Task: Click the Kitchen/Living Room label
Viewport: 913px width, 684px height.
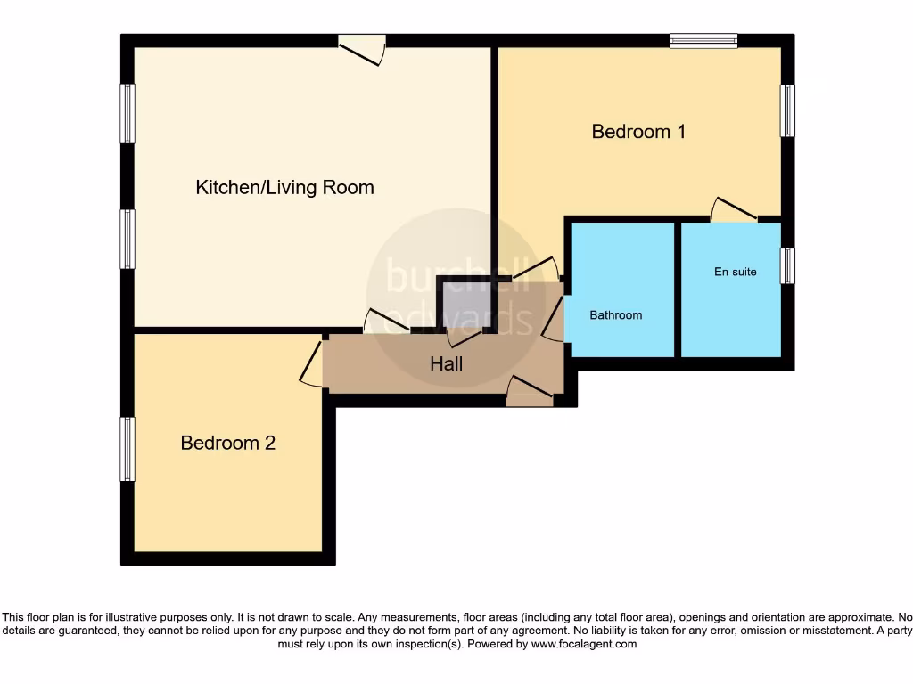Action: [284, 187]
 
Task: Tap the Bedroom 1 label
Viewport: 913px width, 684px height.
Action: [638, 132]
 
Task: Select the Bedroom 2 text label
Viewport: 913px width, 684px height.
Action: [228, 443]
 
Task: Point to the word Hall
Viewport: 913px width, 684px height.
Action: [447, 363]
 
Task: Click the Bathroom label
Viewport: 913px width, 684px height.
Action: [615, 315]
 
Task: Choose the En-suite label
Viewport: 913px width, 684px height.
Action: [735, 272]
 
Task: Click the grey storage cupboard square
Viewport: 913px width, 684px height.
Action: [466, 305]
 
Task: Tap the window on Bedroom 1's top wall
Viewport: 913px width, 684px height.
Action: [703, 40]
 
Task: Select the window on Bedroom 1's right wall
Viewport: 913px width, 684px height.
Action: [787, 111]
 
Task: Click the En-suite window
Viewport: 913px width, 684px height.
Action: [787, 266]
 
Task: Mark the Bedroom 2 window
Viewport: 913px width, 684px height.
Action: [127, 449]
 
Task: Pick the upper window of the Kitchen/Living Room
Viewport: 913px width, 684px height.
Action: [127, 113]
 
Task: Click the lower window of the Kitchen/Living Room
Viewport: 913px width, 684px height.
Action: [127, 239]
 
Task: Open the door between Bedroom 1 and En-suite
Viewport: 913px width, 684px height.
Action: [734, 210]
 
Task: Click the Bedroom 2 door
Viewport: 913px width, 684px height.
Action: [313, 364]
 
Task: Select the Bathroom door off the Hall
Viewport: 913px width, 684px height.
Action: [554, 320]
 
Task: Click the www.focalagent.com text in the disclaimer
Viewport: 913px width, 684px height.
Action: [585, 644]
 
